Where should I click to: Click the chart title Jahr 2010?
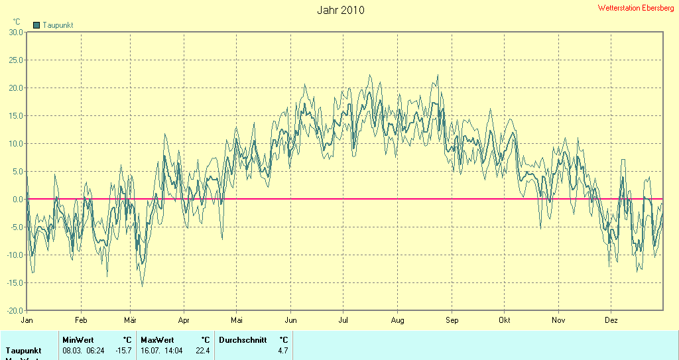pos(340,10)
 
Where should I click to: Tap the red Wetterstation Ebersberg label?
pos(636,8)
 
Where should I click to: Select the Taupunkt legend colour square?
pos(36,25)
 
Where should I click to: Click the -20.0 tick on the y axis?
pos(15,310)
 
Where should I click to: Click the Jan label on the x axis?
pos(27,320)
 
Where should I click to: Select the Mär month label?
pos(130,320)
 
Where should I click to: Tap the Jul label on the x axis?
pos(343,320)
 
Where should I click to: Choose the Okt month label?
pos(505,320)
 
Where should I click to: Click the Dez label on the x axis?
pos(611,320)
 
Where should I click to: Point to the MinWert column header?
pos(78,339)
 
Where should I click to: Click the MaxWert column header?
pos(156,339)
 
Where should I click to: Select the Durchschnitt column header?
pos(243,339)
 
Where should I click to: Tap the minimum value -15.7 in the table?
pos(123,350)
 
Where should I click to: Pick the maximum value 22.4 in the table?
pos(202,350)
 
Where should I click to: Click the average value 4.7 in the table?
pos(283,350)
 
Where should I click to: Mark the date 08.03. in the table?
pos(72,350)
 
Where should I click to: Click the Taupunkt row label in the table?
pos(24,350)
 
